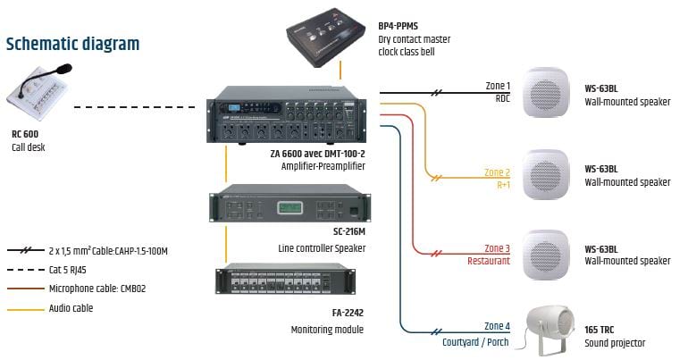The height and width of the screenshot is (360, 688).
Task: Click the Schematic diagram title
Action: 72,44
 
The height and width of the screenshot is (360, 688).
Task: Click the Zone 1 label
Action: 498,85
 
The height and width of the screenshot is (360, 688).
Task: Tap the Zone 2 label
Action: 497,172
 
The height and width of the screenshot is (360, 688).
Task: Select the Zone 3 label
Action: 497,248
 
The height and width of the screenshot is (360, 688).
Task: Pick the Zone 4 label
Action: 497,326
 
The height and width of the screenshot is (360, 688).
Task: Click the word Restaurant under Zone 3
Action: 488,262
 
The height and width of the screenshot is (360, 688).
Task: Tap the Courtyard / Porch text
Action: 476,341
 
